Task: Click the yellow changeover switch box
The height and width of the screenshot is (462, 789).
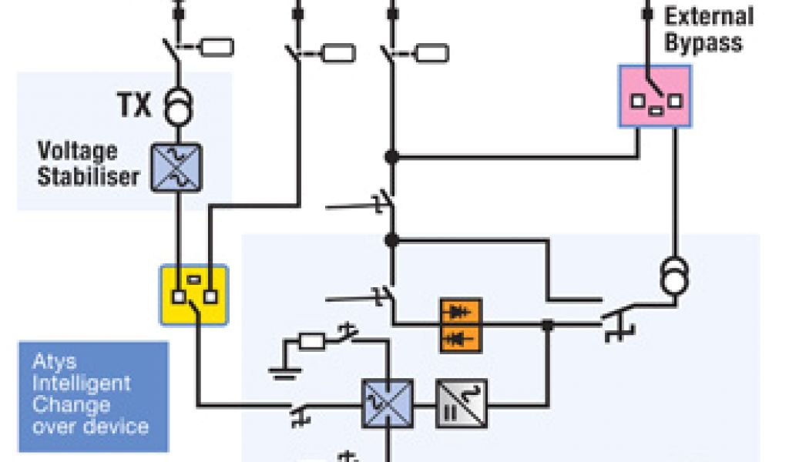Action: pos(193,293)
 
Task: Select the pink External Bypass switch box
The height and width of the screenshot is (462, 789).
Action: pos(655,96)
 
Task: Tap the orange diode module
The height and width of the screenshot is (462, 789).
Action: pos(460,325)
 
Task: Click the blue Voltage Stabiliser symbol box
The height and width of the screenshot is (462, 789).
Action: pos(176,167)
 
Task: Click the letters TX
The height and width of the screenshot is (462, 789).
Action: pos(135,106)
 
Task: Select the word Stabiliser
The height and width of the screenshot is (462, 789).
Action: pos(89,176)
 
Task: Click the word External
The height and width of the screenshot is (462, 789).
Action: pos(709,16)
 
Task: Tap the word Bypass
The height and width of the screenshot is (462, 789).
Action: pos(703,42)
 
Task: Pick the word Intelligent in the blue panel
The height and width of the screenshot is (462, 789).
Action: pos(82,383)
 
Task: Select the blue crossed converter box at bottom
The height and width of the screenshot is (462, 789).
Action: pos(388,403)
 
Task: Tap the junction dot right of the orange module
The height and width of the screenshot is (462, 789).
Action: pos(547,326)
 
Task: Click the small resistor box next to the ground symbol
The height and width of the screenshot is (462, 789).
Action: pos(311,340)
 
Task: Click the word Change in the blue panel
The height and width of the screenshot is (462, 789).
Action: pos(71,404)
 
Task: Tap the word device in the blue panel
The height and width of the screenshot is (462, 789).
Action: pos(119,426)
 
